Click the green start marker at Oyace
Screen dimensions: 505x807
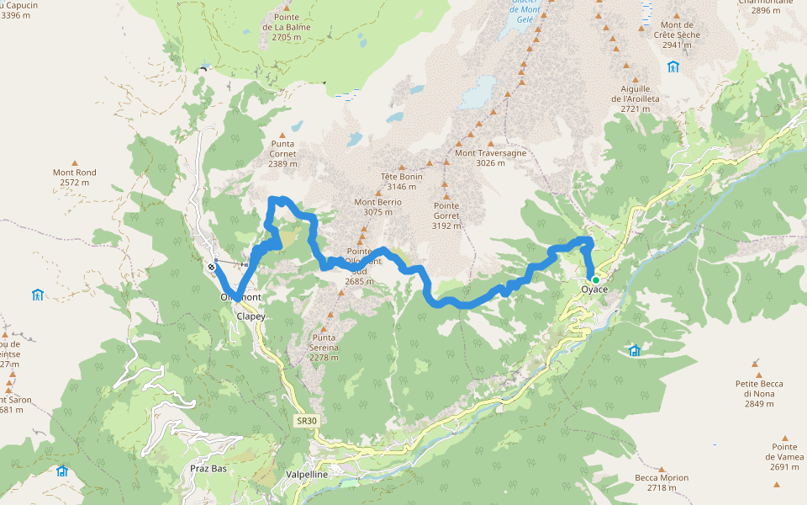coord(595,279)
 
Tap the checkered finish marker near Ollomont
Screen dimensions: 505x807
coord(211,268)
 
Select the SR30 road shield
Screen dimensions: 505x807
coord(307,420)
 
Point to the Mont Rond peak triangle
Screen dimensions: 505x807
coord(74,162)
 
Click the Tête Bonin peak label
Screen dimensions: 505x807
coord(401,182)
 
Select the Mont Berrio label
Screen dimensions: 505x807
coord(377,207)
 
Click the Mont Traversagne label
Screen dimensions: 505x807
coord(490,157)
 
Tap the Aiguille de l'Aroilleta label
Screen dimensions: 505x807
coord(636,98)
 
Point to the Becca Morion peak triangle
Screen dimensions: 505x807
coord(662,466)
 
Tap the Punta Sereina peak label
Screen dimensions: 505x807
coord(323,352)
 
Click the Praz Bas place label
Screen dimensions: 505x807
coord(208,468)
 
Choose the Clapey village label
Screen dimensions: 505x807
coord(251,316)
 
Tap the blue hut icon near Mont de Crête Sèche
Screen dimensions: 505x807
coord(672,66)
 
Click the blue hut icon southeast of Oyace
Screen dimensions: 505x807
coord(635,351)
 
